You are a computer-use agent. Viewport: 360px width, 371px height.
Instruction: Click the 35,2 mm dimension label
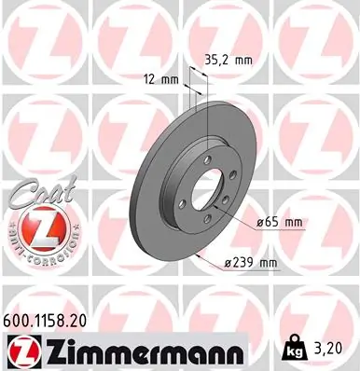(x=229, y=58)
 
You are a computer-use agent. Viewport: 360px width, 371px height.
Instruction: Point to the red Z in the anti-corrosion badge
(x=30, y=230)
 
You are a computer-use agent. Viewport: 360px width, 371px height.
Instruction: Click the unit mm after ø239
(x=268, y=263)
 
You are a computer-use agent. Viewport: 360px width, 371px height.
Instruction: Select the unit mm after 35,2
(x=244, y=58)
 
